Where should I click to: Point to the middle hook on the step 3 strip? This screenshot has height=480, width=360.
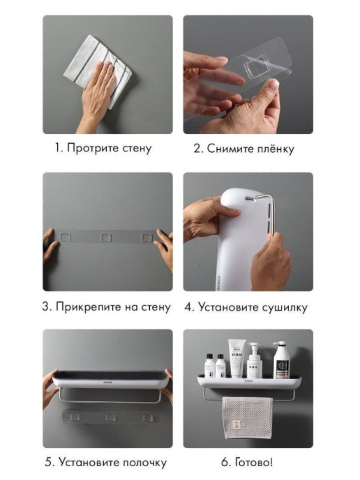pos(106,237)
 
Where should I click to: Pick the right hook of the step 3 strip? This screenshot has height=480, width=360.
pos(146,238)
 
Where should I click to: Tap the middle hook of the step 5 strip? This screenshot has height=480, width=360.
pos(111,417)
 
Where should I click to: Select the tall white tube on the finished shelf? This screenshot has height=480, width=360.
pos(237,358)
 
